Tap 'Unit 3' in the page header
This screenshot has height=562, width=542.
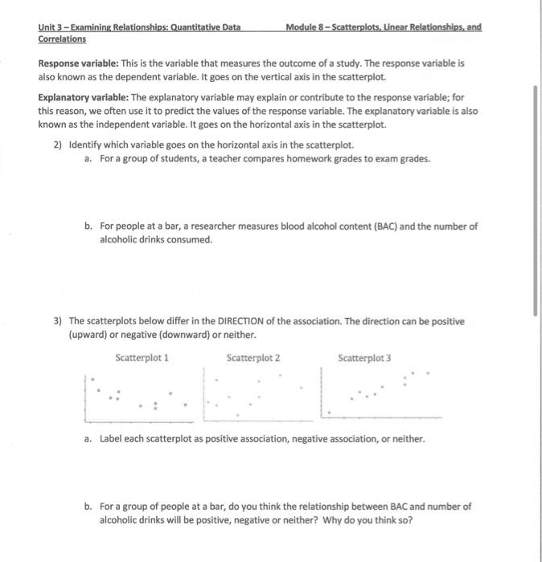[x=52, y=27]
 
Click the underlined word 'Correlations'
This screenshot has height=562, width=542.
[x=62, y=39]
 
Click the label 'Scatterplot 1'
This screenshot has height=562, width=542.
[x=142, y=358]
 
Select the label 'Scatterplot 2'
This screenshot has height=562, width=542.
[x=253, y=358]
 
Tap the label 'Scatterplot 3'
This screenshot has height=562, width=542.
[x=364, y=358]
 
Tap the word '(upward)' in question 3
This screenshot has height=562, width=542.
[x=89, y=334]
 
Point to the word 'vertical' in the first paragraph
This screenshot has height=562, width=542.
[x=269, y=77]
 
